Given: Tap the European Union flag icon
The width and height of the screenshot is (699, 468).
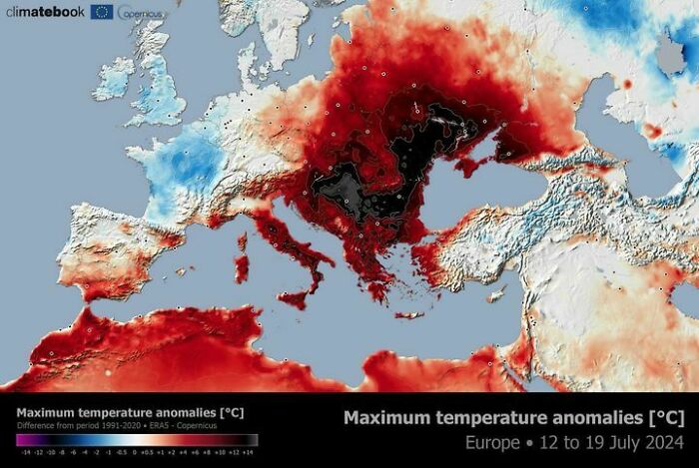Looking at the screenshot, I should [102, 12].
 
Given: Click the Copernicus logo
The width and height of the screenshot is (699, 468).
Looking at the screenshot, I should [136, 13].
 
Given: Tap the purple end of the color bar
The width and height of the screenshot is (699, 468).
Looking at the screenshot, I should [22, 439].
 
